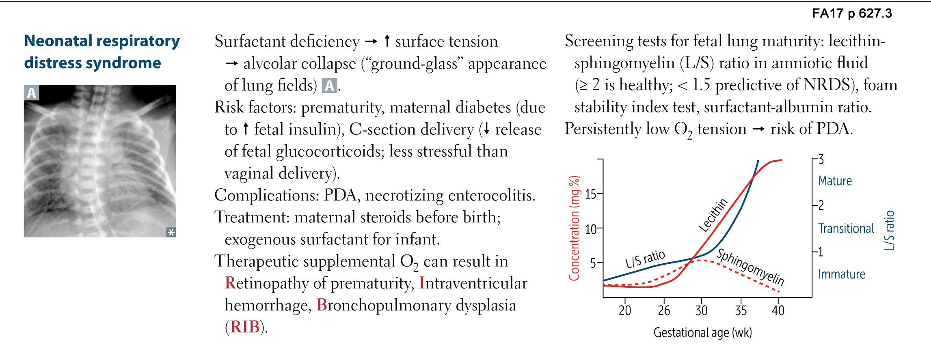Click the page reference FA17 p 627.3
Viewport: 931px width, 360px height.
(x=852, y=13)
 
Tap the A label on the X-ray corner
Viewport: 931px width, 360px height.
(x=31, y=93)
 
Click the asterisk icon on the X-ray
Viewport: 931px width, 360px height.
(x=171, y=232)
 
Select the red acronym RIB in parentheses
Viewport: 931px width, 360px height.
(x=245, y=327)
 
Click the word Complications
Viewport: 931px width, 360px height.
(x=266, y=195)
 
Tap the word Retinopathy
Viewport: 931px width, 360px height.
(x=266, y=283)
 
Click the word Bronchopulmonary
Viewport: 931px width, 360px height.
(x=383, y=305)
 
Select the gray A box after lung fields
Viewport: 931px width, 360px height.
(x=329, y=86)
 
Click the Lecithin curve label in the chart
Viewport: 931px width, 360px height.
(x=713, y=215)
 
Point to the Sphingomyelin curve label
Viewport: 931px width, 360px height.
(x=750, y=267)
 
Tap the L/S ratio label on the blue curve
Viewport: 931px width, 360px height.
(x=645, y=259)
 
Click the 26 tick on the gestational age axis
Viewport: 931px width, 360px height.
(x=664, y=310)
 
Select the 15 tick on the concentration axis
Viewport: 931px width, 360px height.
(x=591, y=194)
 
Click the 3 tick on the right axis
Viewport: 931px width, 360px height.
(x=821, y=159)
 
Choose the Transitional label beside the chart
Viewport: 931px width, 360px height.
(x=846, y=229)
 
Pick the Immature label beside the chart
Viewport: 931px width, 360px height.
(x=841, y=274)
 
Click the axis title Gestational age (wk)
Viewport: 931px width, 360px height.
(x=702, y=333)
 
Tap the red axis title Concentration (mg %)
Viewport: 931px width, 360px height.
(x=574, y=228)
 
